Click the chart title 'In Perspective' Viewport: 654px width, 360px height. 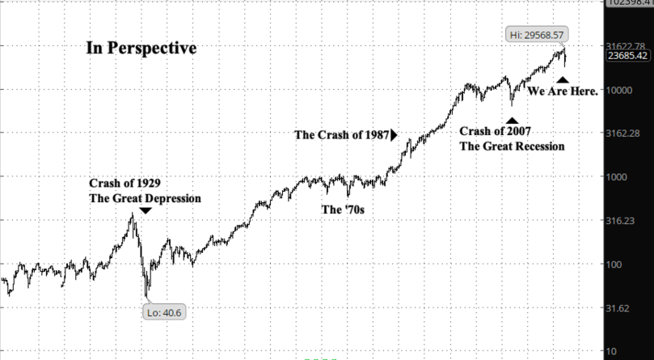tap(141, 49)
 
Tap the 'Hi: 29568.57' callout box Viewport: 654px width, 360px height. tap(536, 35)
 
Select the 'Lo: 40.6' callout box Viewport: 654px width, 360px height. tap(164, 312)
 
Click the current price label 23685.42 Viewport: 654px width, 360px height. tap(628, 56)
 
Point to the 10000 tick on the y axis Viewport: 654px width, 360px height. tap(622, 90)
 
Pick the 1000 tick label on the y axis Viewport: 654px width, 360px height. tap(620, 177)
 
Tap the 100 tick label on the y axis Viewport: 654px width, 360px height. tap(618, 265)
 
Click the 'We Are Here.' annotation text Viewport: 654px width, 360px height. tap(563, 92)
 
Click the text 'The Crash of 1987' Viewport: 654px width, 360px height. tap(342, 135)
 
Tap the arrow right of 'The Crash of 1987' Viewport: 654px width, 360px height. tap(395, 135)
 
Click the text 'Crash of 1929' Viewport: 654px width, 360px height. tap(130, 183)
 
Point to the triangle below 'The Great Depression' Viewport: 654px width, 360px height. tap(145, 211)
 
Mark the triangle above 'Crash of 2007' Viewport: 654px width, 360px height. tap(512, 121)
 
